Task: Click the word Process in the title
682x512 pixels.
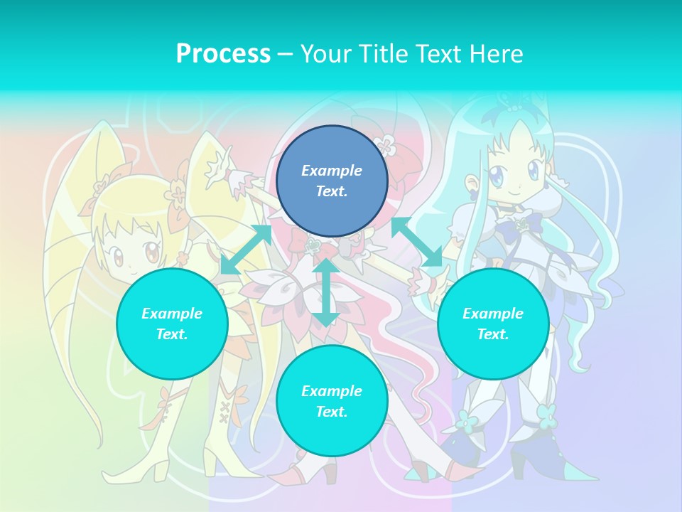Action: pyautogui.click(x=223, y=54)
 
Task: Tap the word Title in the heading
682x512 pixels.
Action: pyautogui.click(x=384, y=54)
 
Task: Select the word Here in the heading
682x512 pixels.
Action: pyautogui.click(x=495, y=54)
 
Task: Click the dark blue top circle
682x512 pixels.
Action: pyautogui.click(x=332, y=181)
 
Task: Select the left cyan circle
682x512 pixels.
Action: pyautogui.click(x=172, y=324)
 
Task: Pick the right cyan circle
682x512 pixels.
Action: pyautogui.click(x=493, y=324)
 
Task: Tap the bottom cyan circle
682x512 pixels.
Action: pyautogui.click(x=332, y=400)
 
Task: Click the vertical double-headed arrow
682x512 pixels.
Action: pyautogui.click(x=325, y=292)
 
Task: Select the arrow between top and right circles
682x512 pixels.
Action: pyautogui.click(x=416, y=242)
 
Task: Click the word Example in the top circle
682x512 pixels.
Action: pyautogui.click(x=332, y=171)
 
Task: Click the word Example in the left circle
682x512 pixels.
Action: pyautogui.click(x=172, y=314)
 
